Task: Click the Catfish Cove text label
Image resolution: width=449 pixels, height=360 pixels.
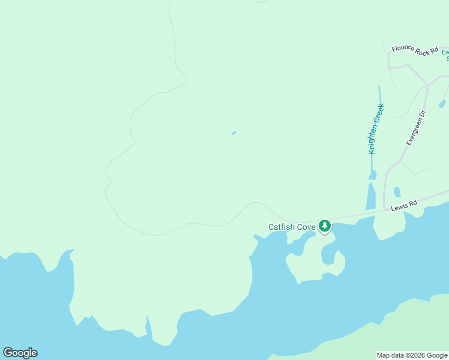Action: (x=292, y=227)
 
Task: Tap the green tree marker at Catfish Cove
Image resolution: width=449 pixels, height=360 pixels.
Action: (x=325, y=226)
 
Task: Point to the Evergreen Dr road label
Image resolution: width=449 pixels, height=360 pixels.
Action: (x=415, y=127)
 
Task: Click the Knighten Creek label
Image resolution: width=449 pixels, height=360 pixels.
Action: (x=376, y=129)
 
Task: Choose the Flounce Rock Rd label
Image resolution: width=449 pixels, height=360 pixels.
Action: (x=415, y=51)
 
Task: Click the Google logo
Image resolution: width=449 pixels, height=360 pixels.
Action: (x=20, y=353)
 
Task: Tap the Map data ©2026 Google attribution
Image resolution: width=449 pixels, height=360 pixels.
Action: (x=412, y=355)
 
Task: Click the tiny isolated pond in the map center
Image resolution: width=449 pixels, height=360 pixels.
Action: (x=234, y=133)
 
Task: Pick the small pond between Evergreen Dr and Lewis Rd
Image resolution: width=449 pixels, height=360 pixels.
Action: (x=397, y=192)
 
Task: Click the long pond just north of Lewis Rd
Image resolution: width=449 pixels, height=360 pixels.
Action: (x=370, y=196)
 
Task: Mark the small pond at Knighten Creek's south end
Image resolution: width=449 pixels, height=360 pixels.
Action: (x=372, y=175)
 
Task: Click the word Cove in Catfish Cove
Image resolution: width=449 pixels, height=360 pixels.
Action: (x=305, y=227)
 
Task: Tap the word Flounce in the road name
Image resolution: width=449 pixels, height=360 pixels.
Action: (x=403, y=49)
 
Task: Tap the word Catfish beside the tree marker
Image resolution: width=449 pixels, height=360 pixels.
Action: (x=280, y=227)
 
